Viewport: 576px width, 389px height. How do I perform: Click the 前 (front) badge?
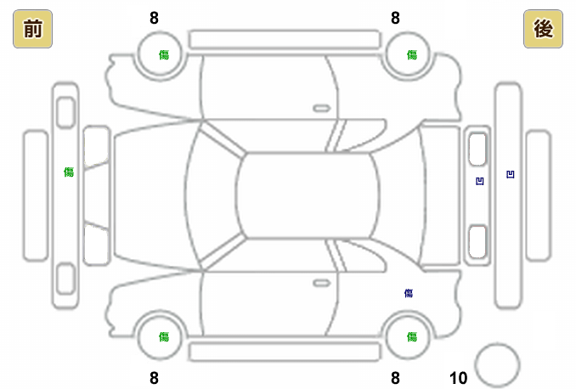point(32,30)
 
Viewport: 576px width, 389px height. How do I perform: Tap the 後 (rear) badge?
point(544,30)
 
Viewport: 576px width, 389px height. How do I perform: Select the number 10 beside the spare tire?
point(459,378)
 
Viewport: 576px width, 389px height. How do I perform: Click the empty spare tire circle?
point(497,364)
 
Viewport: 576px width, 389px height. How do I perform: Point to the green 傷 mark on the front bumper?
point(68,172)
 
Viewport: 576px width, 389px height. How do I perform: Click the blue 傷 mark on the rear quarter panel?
point(409,293)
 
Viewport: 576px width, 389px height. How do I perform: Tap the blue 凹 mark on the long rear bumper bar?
point(510,175)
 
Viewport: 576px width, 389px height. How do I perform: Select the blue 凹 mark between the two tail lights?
point(480,180)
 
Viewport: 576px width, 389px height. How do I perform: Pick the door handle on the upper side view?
point(321,109)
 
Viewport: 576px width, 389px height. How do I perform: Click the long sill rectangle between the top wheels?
point(284,39)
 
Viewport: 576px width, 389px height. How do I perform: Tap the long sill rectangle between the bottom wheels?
point(284,352)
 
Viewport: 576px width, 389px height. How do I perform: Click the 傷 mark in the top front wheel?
point(163,54)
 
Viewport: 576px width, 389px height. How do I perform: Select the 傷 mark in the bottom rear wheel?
point(411,336)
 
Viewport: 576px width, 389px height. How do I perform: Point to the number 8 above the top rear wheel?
point(395,18)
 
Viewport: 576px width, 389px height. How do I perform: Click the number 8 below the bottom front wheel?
point(154,378)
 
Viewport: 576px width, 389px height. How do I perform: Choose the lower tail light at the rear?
point(477,240)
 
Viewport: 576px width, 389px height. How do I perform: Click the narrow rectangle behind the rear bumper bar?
point(537,196)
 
